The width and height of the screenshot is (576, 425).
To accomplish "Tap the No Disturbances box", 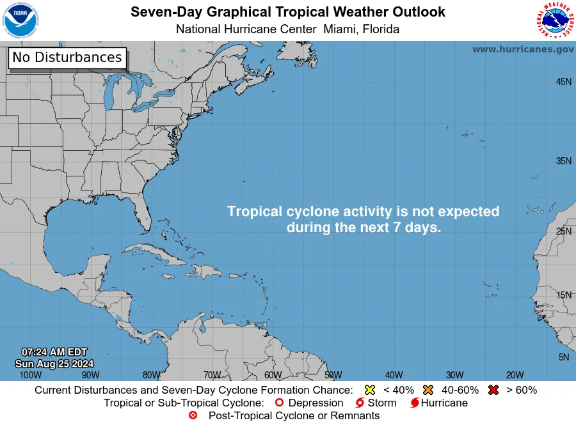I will pyautogui.click(x=67, y=58).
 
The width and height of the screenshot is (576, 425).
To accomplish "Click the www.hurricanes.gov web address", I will pyautogui.click(x=523, y=49).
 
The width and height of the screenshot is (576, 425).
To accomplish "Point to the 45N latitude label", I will pyautogui.click(x=563, y=81).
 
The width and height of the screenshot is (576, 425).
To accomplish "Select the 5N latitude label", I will pyautogui.click(x=563, y=357).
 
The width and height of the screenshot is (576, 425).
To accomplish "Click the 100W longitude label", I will pyautogui.click(x=30, y=375).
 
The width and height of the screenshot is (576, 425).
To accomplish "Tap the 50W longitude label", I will pyautogui.click(x=333, y=375).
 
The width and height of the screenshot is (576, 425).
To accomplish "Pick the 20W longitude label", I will pyautogui.click(x=515, y=375).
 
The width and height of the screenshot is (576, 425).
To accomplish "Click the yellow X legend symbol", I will pyautogui.click(x=369, y=390).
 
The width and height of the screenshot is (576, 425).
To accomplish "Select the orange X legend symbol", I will pyautogui.click(x=428, y=390).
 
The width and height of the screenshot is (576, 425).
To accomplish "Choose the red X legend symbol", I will pyautogui.click(x=493, y=390).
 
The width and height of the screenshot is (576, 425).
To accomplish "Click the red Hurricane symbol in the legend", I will pyautogui.click(x=415, y=403).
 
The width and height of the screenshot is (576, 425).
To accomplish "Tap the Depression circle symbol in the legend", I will pyautogui.click(x=279, y=403).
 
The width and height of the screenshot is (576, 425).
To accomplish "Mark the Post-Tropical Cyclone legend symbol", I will pyautogui.click(x=193, y=416).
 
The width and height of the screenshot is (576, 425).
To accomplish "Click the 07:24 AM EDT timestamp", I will pyautogui.click(x=54, y=352).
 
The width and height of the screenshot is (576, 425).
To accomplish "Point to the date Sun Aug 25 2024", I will pyautogui.click(x=54, y=364).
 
